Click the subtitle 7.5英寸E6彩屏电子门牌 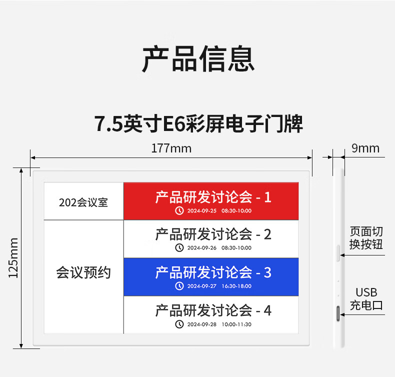coord(198,123)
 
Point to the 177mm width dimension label coord(171,148)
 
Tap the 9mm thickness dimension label coord(365,148)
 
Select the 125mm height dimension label coord(13,257)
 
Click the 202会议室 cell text coord(83,202)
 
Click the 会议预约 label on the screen coord(83,273)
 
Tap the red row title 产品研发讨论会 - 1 coord(213,197)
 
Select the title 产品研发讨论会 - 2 coord(213,234)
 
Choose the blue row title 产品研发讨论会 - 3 coord(213,272)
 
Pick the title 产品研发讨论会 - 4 coord(213,310)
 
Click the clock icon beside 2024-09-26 coord(179,248)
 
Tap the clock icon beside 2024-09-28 coord(179,324)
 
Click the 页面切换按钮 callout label coord(366,238)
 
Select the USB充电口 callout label coord(366,298)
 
